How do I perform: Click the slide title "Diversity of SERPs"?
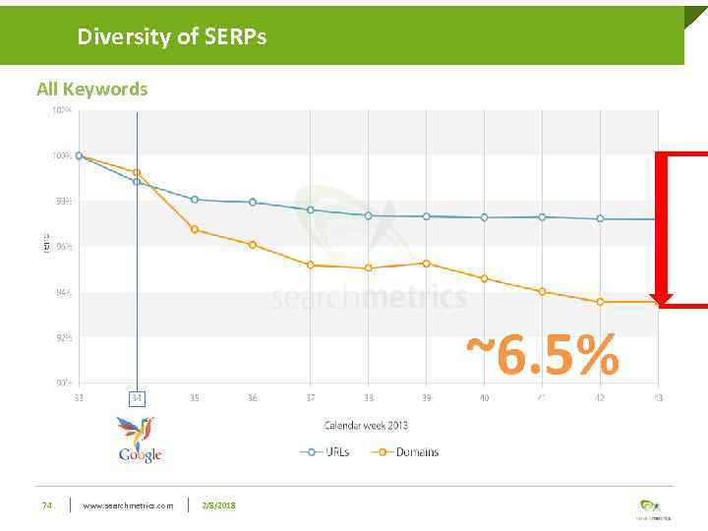(172, 37)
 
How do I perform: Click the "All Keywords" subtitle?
(91, 88)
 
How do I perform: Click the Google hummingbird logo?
(140, 439)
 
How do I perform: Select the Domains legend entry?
(406, 452)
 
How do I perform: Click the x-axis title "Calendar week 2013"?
(366, 426)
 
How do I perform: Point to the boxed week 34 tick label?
(137, 398)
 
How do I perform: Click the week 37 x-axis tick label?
(310, 398)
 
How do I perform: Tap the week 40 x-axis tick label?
(484, 398)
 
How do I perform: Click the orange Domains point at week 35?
(195, 229)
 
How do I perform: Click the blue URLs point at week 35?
(195, 199)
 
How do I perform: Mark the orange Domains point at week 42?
(600, 302)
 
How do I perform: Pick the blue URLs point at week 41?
(542, 216)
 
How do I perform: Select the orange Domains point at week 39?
(426, 263)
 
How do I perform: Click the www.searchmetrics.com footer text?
(128, 505)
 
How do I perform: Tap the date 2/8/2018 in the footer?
(217, 505)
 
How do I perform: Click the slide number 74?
(46, 505)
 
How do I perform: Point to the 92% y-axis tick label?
(62, 337)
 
